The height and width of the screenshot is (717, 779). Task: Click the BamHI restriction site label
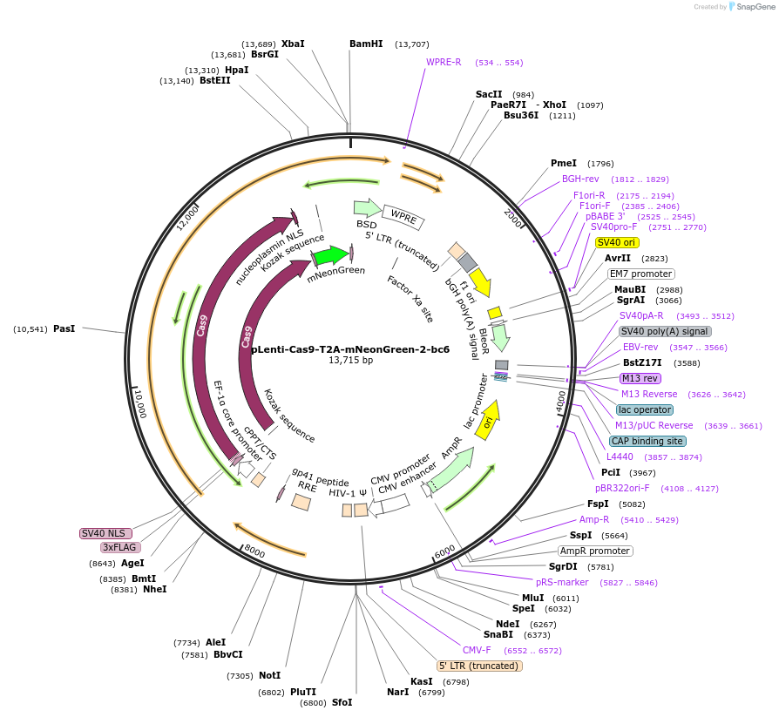tap(366, 44)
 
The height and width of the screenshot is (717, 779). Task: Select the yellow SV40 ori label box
tap(617, 242)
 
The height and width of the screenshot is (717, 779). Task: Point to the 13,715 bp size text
tap(350, 361)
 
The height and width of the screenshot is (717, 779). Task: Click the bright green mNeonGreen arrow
tap(331, 256)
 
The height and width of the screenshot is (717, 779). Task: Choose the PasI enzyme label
tap(64, 328)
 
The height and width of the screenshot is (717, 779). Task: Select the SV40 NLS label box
tap(105, 533)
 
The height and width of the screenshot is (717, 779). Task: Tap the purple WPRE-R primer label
tap(444, 63)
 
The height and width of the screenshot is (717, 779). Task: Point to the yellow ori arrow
tap(489, 422)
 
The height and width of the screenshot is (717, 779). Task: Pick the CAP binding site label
tap(647, 441)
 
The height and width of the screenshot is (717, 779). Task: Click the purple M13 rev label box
tap(640, 378)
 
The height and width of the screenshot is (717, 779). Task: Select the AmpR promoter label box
tap(595, 551)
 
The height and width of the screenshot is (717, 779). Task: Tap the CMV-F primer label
tap(477, 650)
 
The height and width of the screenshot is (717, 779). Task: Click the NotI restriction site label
tap(269, 675)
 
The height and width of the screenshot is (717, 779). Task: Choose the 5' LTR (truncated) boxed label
tap(479, 666)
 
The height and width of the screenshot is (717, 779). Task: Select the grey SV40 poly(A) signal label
tap(665, 331)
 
